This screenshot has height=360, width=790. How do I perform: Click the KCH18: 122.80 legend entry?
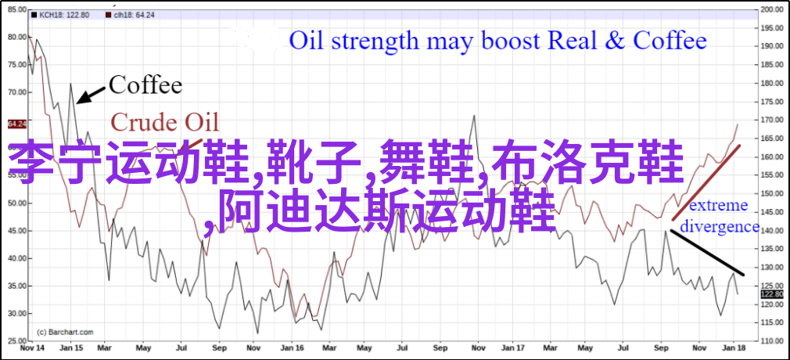coord(60,15)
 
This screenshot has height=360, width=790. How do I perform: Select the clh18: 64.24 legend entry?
coord(131,15)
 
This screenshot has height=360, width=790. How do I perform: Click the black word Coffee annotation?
coord(145,85)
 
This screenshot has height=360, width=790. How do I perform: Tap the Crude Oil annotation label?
coord(165,123)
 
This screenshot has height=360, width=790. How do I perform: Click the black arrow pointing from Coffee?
coord(91,95)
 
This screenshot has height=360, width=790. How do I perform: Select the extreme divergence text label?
coord(720,216)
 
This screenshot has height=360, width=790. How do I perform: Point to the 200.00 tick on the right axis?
coord(772,9)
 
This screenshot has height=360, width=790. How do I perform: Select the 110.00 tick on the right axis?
coord(772,341)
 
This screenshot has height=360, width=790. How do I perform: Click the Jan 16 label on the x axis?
coord(293,348)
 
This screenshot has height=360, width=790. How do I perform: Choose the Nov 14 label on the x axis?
coord(30,348)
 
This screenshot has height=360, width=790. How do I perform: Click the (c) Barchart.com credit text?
coord(65,332)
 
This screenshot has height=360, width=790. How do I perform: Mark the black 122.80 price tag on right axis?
coord(772,294)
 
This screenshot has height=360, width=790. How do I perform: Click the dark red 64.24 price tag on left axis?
coord(16,124)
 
